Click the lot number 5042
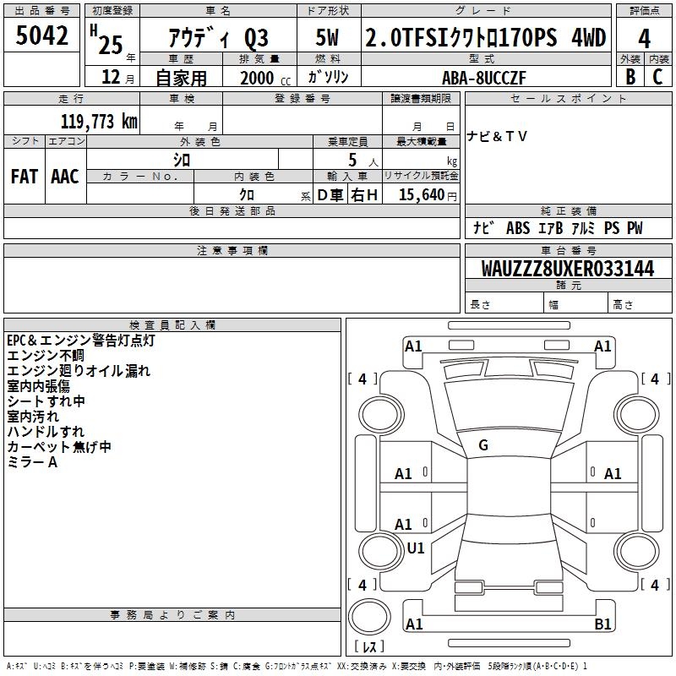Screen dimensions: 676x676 pos(41,35)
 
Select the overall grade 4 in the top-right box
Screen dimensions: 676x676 pos(644,38)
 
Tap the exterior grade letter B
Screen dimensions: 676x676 pos(630,77)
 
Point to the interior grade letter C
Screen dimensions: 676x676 pos(657,77)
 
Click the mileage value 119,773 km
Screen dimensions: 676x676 pos(99,122)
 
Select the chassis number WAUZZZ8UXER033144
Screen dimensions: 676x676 pos(568,269)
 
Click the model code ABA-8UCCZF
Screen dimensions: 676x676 pos(484,78)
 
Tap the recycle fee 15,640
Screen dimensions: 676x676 pos(422,194)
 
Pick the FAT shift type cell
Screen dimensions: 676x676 pos(25,177)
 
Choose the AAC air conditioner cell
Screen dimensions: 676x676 pos(65,177)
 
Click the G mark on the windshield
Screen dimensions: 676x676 pos(483,445)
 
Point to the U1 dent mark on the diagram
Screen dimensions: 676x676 pos(416,548)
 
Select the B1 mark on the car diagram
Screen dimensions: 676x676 pos(602,624)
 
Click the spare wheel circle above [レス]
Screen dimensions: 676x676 pos(369,617)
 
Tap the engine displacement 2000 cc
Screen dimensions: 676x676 pos(265,78)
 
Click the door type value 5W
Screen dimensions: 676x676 pos(327,37)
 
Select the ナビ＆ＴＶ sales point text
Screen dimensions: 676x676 pos(497,136)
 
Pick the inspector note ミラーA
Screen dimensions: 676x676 pos(32,462)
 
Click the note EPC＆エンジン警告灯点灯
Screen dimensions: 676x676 pos(80,341)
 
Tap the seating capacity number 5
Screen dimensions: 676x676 pos(352,160)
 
